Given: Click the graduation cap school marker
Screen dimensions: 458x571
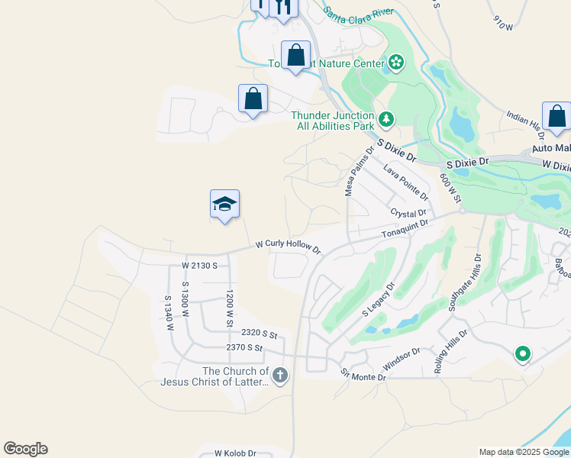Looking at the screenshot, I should point(225,204).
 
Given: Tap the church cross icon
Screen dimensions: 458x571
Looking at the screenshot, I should point(280,375).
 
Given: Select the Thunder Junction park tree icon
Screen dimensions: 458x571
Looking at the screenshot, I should point(386,118).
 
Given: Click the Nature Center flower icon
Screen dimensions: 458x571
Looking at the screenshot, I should point(395,62).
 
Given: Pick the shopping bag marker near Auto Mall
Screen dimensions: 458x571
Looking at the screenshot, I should point(557,116).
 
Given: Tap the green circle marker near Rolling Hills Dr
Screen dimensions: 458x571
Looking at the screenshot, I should point(523,353).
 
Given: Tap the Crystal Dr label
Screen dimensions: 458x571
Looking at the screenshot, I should point(407,213).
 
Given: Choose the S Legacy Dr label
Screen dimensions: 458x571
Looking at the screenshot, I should point(377,301).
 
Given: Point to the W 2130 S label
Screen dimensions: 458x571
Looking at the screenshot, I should point(200,265).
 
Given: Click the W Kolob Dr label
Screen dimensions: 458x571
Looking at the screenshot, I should point(235,453).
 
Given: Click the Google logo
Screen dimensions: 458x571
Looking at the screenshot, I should point(25,449).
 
